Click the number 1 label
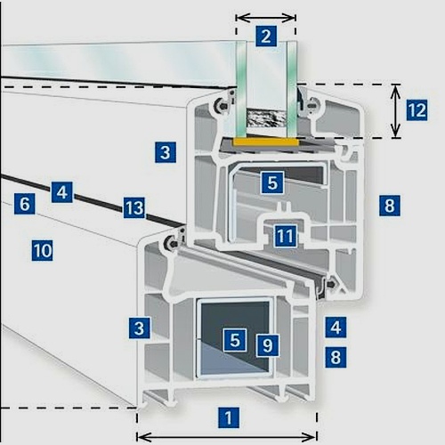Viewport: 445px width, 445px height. click(x=229, y=417)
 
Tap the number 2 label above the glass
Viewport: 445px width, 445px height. click(x=266, y=36)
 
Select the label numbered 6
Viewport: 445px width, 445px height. click(x=25, y=204)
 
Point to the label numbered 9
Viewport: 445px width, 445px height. click(x=268, y=345)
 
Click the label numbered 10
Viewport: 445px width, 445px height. click(x=43, y=251)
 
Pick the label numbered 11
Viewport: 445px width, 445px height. click(x=286, y=236)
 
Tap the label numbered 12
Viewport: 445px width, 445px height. click(x=417, y=109)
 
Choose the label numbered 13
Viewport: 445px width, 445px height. click(x=134, y=207)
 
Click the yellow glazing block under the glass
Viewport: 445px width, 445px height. click(x=266, y=142)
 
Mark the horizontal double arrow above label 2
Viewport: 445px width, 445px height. click(x=266, y=18)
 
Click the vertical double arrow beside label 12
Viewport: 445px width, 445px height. click(x=395, y=111)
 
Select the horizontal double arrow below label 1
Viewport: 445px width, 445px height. click(x=227, y=436)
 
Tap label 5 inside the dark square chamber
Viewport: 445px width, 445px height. click(x=235, y=340)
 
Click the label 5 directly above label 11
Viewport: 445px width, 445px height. click(x=272, y=182)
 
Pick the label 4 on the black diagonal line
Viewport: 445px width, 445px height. click(x=62, y=192)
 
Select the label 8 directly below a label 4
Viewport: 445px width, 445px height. click(x=336, y=357)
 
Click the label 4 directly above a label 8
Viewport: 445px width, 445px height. click(x=336, y=328)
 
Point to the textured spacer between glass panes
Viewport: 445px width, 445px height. click(x=266, y=118)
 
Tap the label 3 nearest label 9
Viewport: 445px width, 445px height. click(x=140, y=328)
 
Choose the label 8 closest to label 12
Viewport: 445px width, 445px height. click(x=390, y=206)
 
